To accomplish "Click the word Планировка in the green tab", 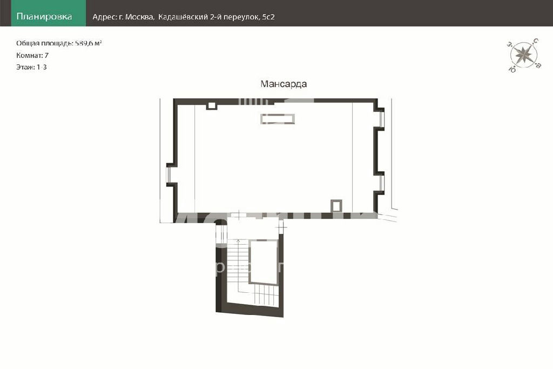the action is (44, 17).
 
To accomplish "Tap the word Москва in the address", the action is (139, 17).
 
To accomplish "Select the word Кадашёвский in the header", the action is (183, 17).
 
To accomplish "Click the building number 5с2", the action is (268, 17).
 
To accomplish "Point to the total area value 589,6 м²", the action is (89, 43).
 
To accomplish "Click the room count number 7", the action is (46, 56).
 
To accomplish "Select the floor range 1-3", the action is (42, 67).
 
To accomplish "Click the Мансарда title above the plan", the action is (284, 84).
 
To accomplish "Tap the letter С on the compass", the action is (536, 41).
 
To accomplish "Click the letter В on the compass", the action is (538, 65).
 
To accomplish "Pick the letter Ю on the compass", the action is (512, 69).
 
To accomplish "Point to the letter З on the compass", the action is (509, 44).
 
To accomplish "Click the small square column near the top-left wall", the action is (211, 105).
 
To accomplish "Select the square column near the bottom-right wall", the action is (336, 206).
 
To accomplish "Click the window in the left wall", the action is (168, 175).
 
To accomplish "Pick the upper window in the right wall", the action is (382, 119).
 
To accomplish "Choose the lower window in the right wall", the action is (382, 183).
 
